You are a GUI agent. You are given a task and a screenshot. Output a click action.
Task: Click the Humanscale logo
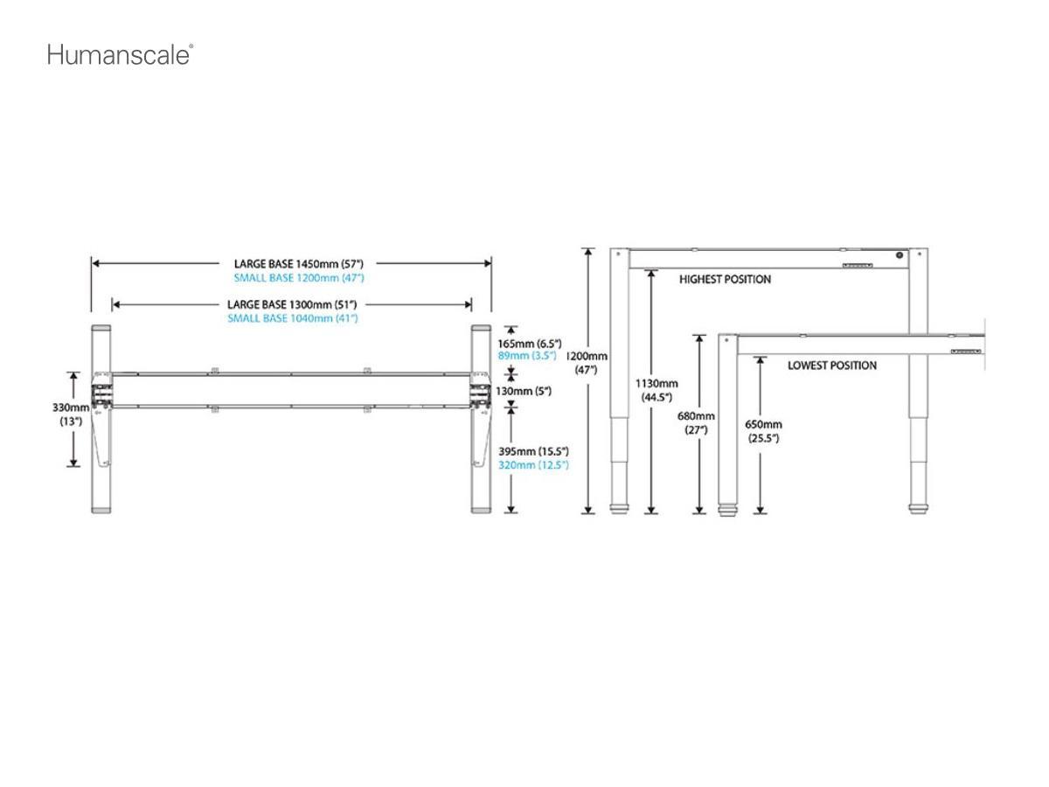click(x=120, y=55)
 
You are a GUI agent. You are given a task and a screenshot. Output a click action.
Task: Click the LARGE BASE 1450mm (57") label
click(x=298, y=263)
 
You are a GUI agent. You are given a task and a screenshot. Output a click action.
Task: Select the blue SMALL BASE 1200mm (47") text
click(x=298, y=277)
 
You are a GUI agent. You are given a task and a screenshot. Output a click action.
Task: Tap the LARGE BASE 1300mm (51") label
click(x=292, y=304)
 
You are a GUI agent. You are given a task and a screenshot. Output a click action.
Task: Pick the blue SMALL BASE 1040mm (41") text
click(x=292, y=318)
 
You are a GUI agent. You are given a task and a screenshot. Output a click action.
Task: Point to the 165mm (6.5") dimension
click(x=530, y=344)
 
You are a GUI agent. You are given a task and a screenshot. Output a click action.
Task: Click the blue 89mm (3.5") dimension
click(x=527, y=356)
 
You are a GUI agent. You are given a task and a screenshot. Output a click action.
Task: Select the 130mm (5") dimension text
click(x=524, y=391)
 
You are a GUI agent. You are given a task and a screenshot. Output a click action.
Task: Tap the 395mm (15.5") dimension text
click(x=533, y=451)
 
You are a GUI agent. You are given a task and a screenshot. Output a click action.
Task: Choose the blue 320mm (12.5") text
click(x=533, y=465)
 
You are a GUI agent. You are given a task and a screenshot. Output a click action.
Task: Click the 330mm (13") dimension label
click(x=70, y=414)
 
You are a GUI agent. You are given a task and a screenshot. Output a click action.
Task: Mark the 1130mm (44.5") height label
click(x=656, y=390)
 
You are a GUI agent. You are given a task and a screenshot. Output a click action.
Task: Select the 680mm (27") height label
click(x=697, y=422)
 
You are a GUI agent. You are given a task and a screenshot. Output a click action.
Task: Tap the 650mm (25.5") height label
click(x=763, y=431)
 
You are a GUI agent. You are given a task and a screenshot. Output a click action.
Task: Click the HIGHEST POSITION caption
click(x=725, y=280)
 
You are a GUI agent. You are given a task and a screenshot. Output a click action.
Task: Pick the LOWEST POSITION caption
click(x=831, y=366)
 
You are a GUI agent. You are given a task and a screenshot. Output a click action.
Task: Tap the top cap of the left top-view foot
click(x=101, y=328)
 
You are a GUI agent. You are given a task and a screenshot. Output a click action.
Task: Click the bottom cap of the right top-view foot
click(x=481, y=509)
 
